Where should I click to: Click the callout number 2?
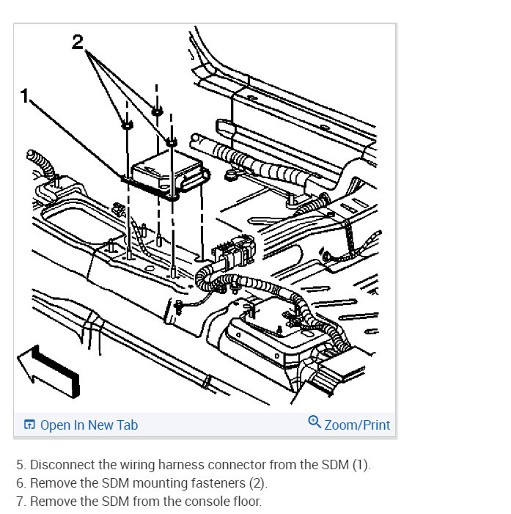pos(78,43)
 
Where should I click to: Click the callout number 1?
pos(24,96)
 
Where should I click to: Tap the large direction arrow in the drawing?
pos(49,371)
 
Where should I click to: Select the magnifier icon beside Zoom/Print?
pos(315,422)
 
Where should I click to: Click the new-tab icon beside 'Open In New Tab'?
pos(29,425)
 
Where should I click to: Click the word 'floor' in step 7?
pos(247,502)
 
